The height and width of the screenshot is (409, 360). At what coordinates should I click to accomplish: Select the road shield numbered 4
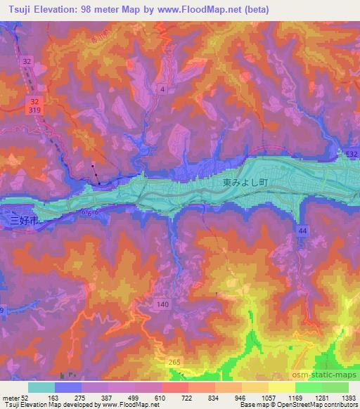point(162,89)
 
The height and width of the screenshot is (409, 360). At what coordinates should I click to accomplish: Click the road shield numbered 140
point(163,304)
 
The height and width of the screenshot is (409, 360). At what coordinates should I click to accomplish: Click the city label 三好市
point(22,221)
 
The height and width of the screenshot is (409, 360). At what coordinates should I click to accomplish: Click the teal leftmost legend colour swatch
point(41,387)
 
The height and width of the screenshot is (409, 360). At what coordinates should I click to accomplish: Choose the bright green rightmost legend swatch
point(335,387)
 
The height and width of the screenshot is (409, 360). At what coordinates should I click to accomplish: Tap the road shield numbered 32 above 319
point(26,61)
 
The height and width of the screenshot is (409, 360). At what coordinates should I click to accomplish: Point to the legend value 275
point(82,398)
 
